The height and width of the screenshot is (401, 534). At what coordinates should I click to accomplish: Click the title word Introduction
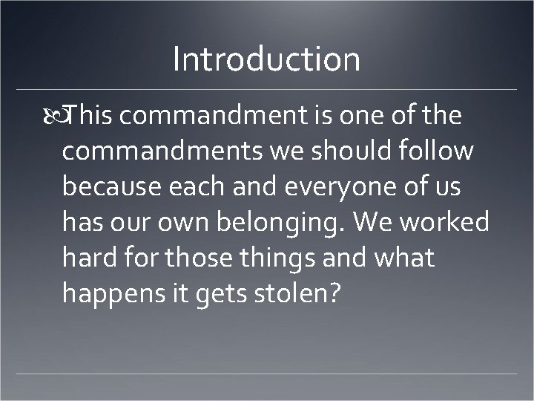pyautogui.click(x=266, y=59)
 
